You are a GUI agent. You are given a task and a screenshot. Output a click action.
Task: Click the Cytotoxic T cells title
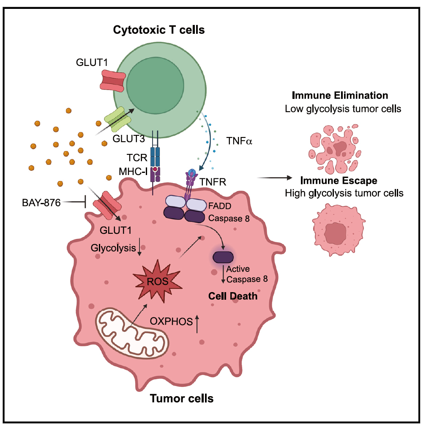pos(159,30)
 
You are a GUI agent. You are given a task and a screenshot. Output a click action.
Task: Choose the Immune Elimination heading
pos(343,96)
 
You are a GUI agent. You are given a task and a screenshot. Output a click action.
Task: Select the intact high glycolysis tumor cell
pos(338,231)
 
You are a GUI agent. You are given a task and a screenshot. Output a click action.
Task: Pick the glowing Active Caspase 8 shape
pos(223,257)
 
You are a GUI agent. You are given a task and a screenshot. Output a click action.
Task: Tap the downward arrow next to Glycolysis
pos(139,249)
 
